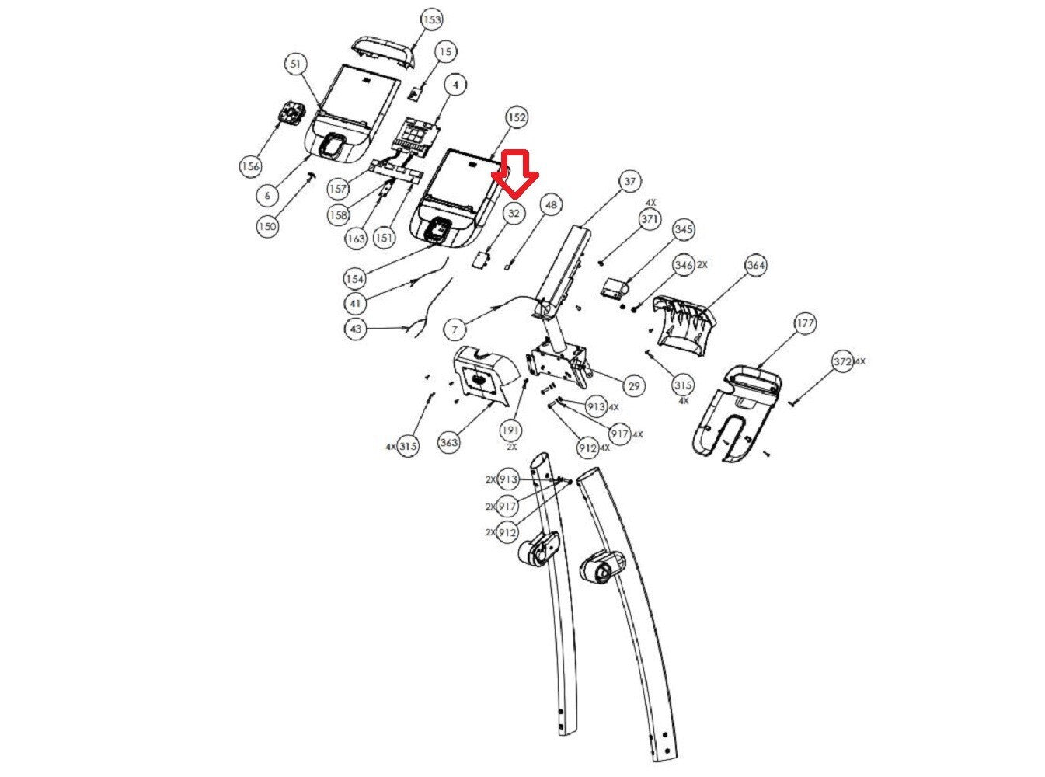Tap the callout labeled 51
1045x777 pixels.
tap(295, 64)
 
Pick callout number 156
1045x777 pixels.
tap(250, 166)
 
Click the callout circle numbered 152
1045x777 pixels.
tap(517, 117)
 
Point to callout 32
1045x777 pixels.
tap(514, 212)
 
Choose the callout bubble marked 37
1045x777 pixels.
tap(629, 182)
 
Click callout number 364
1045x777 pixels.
tap(755, 265)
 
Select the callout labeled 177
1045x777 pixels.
tap(806, 323)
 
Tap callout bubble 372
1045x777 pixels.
tap(841, 362)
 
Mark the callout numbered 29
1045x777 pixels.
tap(634, 385)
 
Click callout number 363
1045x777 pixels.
tap(449, 442)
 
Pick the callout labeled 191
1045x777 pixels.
tap(510, 430)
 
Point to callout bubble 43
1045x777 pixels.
tap(356, 329)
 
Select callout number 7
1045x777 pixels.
tap(455, 329)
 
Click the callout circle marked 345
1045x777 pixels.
tap(684, 229)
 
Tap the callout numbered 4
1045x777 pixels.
tap(456, 83)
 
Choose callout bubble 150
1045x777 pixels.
tap(267, 226)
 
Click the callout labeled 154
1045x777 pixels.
tap(354, 277)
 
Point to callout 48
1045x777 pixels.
tap(551, 205)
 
